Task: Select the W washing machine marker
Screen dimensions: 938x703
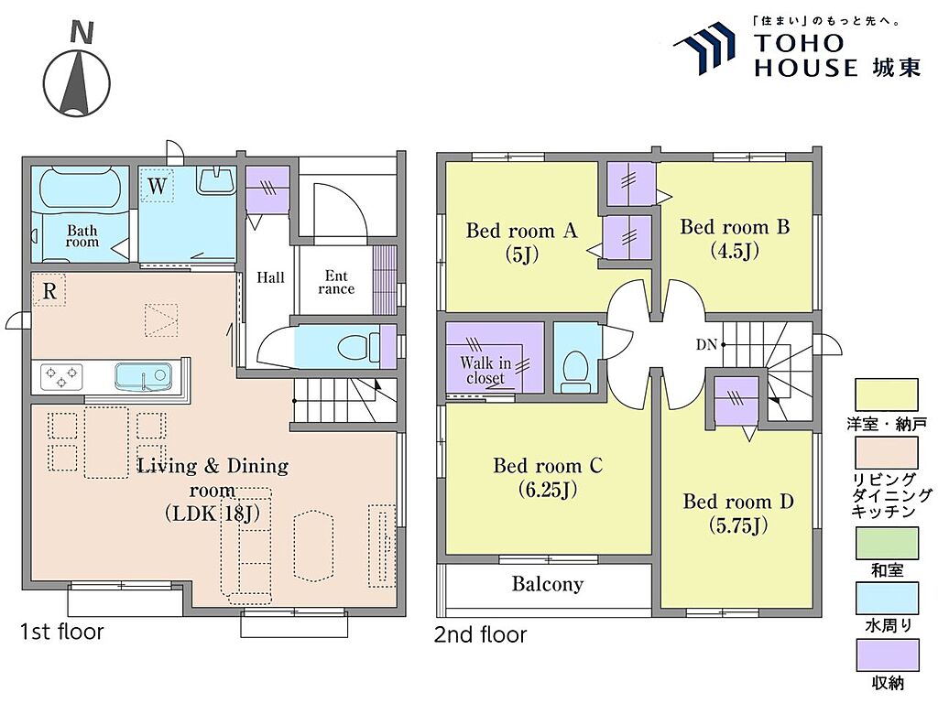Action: pyautogui.click(x=157, y=185)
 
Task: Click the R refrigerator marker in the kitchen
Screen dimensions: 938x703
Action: pyautogui.click(x=49, y=290)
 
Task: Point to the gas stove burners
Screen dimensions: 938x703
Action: pyautogui.click(x=61, y=376)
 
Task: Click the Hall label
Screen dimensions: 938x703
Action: pyautogui.click(x=270, y=277)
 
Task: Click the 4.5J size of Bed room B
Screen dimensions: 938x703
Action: pyautogui.click(x=735, y=251)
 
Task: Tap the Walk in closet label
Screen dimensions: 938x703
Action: pyautogui.click(x=485, y=370)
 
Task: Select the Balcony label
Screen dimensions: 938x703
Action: pyautogui.click(x=548, y=584)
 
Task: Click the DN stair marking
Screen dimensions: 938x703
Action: pyautogui.click(x=706, y=344)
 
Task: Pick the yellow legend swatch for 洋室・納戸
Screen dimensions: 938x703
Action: pyautogui.click(x=886, y=395)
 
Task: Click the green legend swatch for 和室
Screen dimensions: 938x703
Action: pyautogui.click(x=886, y=544)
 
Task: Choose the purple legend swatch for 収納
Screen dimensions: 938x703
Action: pyautogui.click(x=886, y=655)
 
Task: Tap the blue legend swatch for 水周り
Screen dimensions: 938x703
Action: pyautogui.click(x=886, y=599)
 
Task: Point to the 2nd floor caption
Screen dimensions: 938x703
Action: pyautogui.click(x=480, y=634)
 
